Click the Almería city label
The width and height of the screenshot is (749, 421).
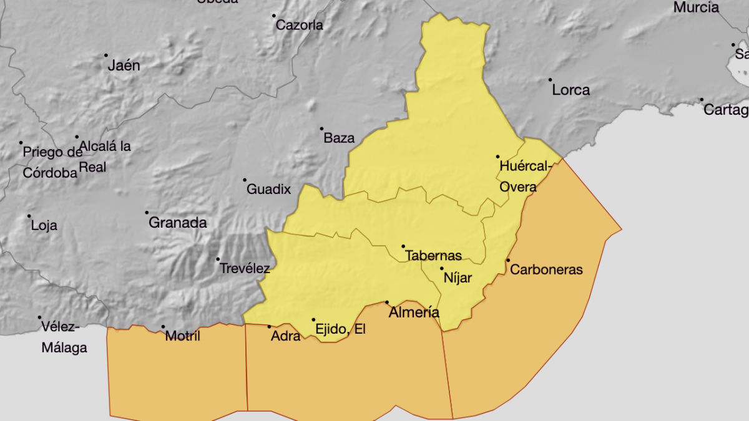point(414,313)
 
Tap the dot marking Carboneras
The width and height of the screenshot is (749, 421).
point(508,260)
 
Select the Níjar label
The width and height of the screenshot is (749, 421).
point(458,278)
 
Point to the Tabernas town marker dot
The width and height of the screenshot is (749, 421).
point(403,246)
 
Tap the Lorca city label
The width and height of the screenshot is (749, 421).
point(570,90)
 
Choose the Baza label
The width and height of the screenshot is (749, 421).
point(339,138)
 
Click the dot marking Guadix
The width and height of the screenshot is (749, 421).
point(245,180)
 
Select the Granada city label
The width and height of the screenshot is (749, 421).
point(177,223)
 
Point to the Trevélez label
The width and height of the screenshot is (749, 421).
point(245,269)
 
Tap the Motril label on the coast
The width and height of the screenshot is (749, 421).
point(183,336)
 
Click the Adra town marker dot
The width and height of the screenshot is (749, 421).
point(269,326)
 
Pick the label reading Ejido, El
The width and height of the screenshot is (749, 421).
point(340,329)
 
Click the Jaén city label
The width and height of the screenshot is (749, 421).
point(124,65)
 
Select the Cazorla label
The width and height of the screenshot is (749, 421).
point(300,26)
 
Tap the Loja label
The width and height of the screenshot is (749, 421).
point(44,226)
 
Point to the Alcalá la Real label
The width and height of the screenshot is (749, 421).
point(105,157)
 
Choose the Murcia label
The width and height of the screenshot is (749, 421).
point(696,8)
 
